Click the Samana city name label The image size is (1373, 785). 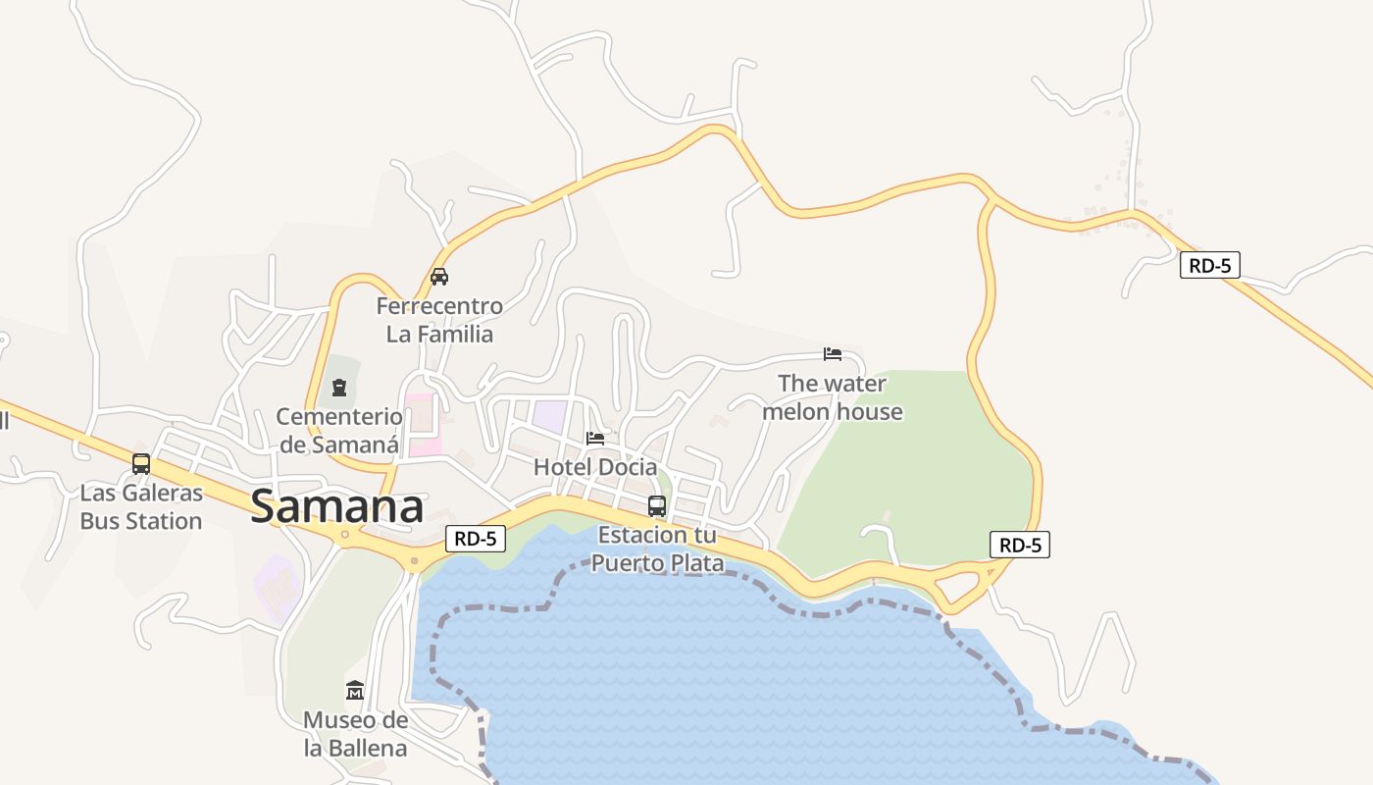click(x=337, y=507)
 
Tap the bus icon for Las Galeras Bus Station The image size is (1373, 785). click(x=141, y=464)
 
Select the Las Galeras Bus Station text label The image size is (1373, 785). click(x=141, y=507)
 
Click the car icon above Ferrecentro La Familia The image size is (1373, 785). click(x=439, y=277)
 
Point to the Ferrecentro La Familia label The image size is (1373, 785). click(x=439, y=320)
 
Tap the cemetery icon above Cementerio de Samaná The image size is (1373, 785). click(x=339, y=388)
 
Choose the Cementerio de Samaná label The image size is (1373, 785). click(x=339, y=431)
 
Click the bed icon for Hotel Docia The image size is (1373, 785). click(x=595, y=438)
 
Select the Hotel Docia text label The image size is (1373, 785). click(x=595, y=467)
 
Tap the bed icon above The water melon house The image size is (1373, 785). click(x=833, y=354)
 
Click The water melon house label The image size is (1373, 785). click(x=833, y=397)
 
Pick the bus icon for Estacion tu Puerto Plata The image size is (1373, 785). click(x=657, y=506)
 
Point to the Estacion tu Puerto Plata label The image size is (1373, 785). click(x=657, y=549)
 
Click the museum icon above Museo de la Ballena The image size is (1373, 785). click(x=355, y=691)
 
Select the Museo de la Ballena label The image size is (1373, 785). click(x=355, y=734)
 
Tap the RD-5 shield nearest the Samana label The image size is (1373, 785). click(x=477, y=538)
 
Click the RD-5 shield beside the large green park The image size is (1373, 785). click(x=1020, y=545)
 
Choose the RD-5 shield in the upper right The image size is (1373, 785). click(x=1210, y=264)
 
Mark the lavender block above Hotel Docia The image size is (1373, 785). click(x=549, y=416)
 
